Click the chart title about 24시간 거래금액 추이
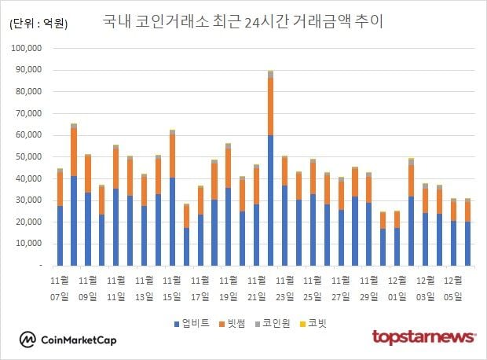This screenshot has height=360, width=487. click(x=243, y=21)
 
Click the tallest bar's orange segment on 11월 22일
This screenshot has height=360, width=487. click(x=270, y=106)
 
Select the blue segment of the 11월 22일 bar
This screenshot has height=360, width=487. click(x=270, y=200)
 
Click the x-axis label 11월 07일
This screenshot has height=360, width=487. click(x=60, y=287)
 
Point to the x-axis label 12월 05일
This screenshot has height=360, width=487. click(x=453, y=287)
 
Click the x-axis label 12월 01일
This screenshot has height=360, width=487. click(x=397, y=287)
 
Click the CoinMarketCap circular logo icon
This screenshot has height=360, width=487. click(x=28, y=340)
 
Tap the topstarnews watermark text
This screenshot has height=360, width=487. click(x=423, y=337)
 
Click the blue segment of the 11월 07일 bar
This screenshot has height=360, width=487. click(x=60, y=236)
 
